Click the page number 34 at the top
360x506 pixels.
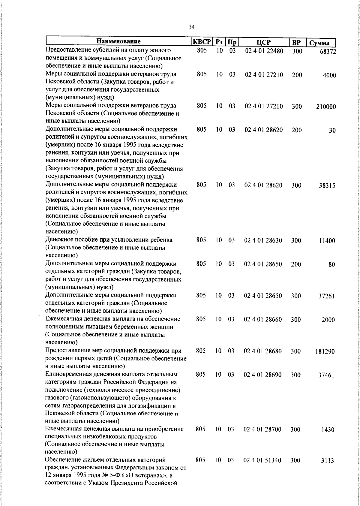(192, 27)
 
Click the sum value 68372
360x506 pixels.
(328, 52)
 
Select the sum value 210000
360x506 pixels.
(326, 107)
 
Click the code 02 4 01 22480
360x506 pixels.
(264, 51)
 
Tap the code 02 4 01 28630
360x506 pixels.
(263, 240)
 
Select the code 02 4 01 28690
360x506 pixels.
(263, 375)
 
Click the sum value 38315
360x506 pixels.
(327, 186)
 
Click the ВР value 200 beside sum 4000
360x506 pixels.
(297, 75)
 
